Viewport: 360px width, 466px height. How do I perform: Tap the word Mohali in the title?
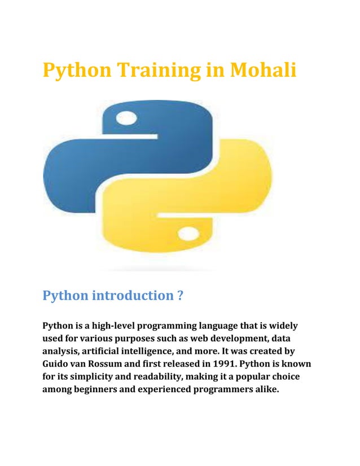[x=263, y=71]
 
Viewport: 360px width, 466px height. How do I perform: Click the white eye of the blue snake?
[x=126, y=118]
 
